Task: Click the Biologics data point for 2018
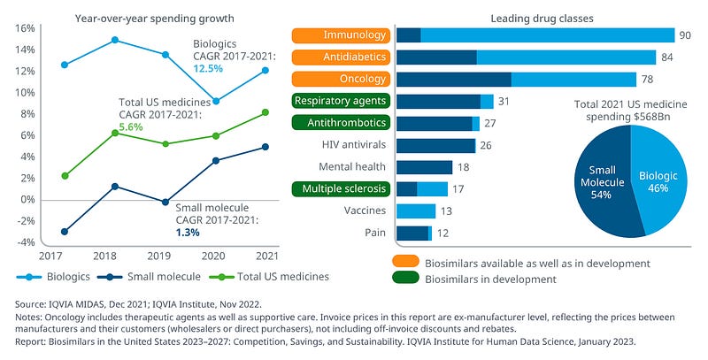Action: tap(115, 40)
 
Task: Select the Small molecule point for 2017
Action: tap(65, 232)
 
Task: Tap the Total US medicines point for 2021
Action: tap(265, 112)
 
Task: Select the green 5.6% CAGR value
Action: tap(130, 127)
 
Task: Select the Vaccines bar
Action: tap(416, 211)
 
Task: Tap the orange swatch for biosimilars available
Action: tap(407, 263)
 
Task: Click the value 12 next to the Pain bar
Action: tap(442, 233)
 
